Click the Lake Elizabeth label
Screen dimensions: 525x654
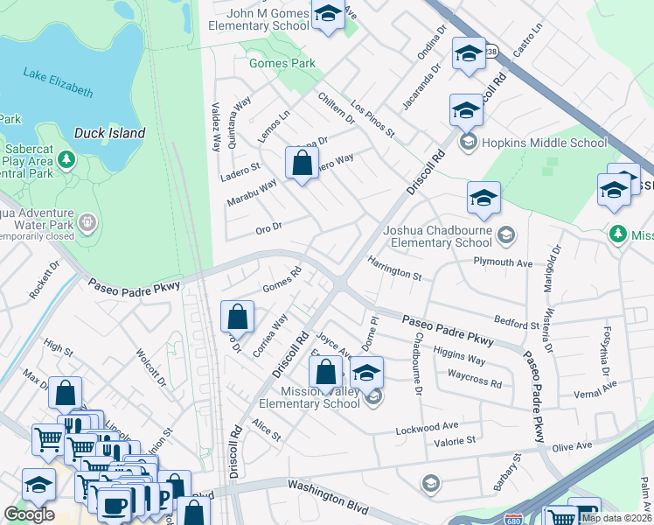pos(58,83)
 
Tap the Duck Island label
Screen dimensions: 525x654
pos(109,133)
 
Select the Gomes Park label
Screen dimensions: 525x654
pos(282,64)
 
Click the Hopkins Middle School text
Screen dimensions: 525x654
pos(546,143)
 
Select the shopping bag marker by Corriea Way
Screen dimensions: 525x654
pos(238,317)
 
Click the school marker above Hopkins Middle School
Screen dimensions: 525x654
pos(466,111)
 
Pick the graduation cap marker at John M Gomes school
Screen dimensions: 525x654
pos(328,15)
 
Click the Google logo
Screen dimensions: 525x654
pos(29,514)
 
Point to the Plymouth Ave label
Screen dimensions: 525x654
pos(503,262)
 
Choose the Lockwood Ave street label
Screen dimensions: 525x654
pos(427,425)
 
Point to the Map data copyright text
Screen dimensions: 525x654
pos(616,518)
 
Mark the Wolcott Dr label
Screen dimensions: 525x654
pos(150,368)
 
